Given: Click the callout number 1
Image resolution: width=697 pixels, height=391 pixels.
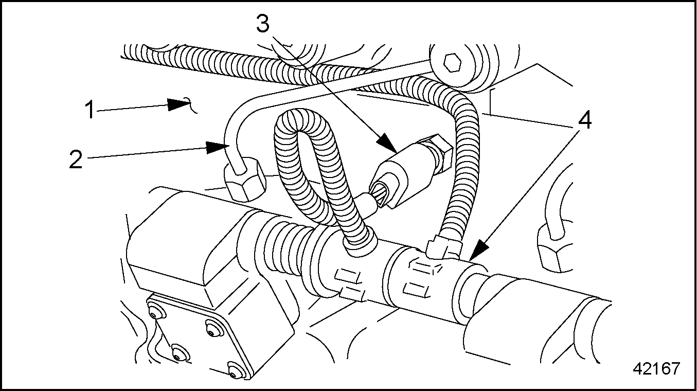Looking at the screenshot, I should (x=91, y=110).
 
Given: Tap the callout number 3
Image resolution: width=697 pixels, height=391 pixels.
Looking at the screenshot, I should (x=263, y=23).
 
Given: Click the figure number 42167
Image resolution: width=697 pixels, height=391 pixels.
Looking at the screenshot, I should (x=655, y=368).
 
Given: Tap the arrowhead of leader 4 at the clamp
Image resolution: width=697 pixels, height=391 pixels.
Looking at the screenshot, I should (x=479, y=250).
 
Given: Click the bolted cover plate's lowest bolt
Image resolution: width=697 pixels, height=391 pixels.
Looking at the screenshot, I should (x=236, y=369).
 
